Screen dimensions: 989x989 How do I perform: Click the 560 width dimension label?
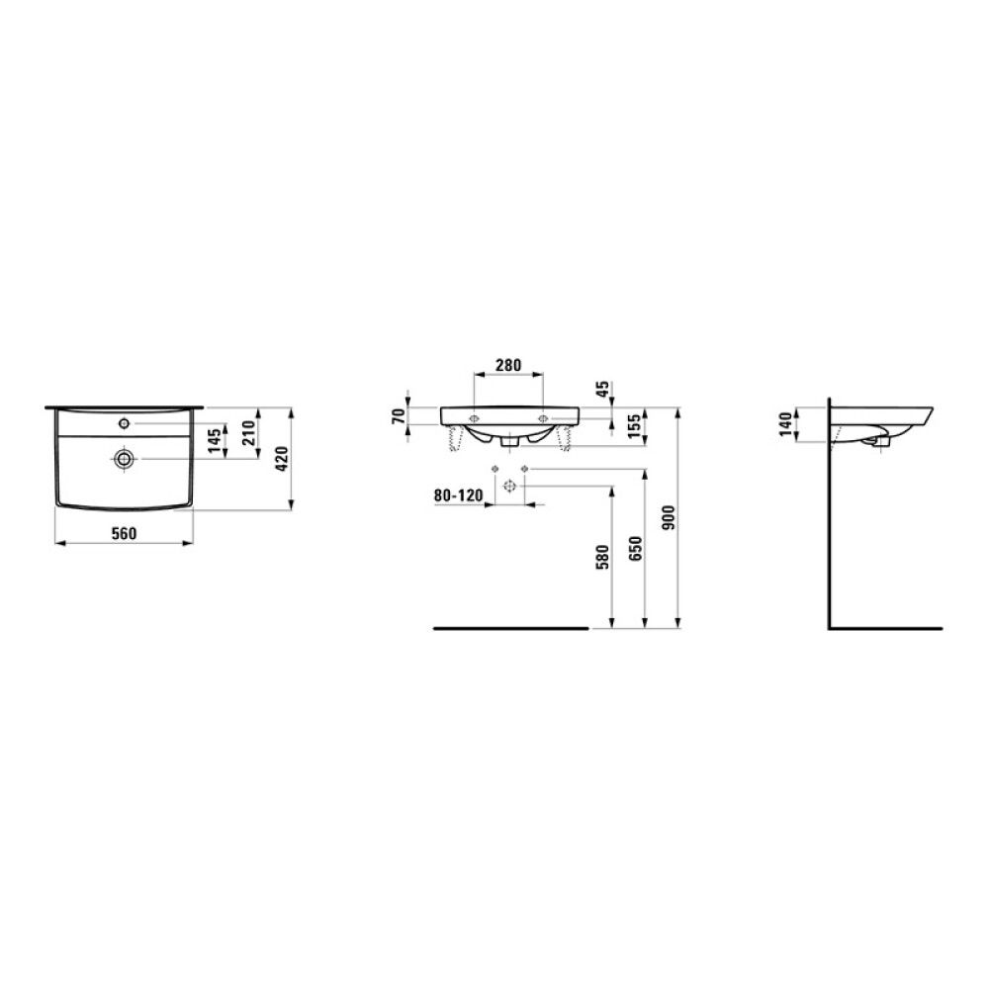tap(123, 533)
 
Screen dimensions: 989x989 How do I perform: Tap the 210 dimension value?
tap(250, 431)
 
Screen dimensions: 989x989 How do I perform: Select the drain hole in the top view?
tap(124, 458)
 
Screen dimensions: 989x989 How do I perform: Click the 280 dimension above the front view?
tap(508, 365)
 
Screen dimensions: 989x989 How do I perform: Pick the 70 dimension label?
tap(399, 415)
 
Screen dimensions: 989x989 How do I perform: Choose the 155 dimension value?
tap(634, 427)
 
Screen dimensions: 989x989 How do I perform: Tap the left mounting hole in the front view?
tap(475, 417)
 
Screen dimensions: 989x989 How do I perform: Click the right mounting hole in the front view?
tap(542, 417)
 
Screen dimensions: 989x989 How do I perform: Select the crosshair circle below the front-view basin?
tap(508, 486)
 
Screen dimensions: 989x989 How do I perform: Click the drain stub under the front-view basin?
tap(508, 443)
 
